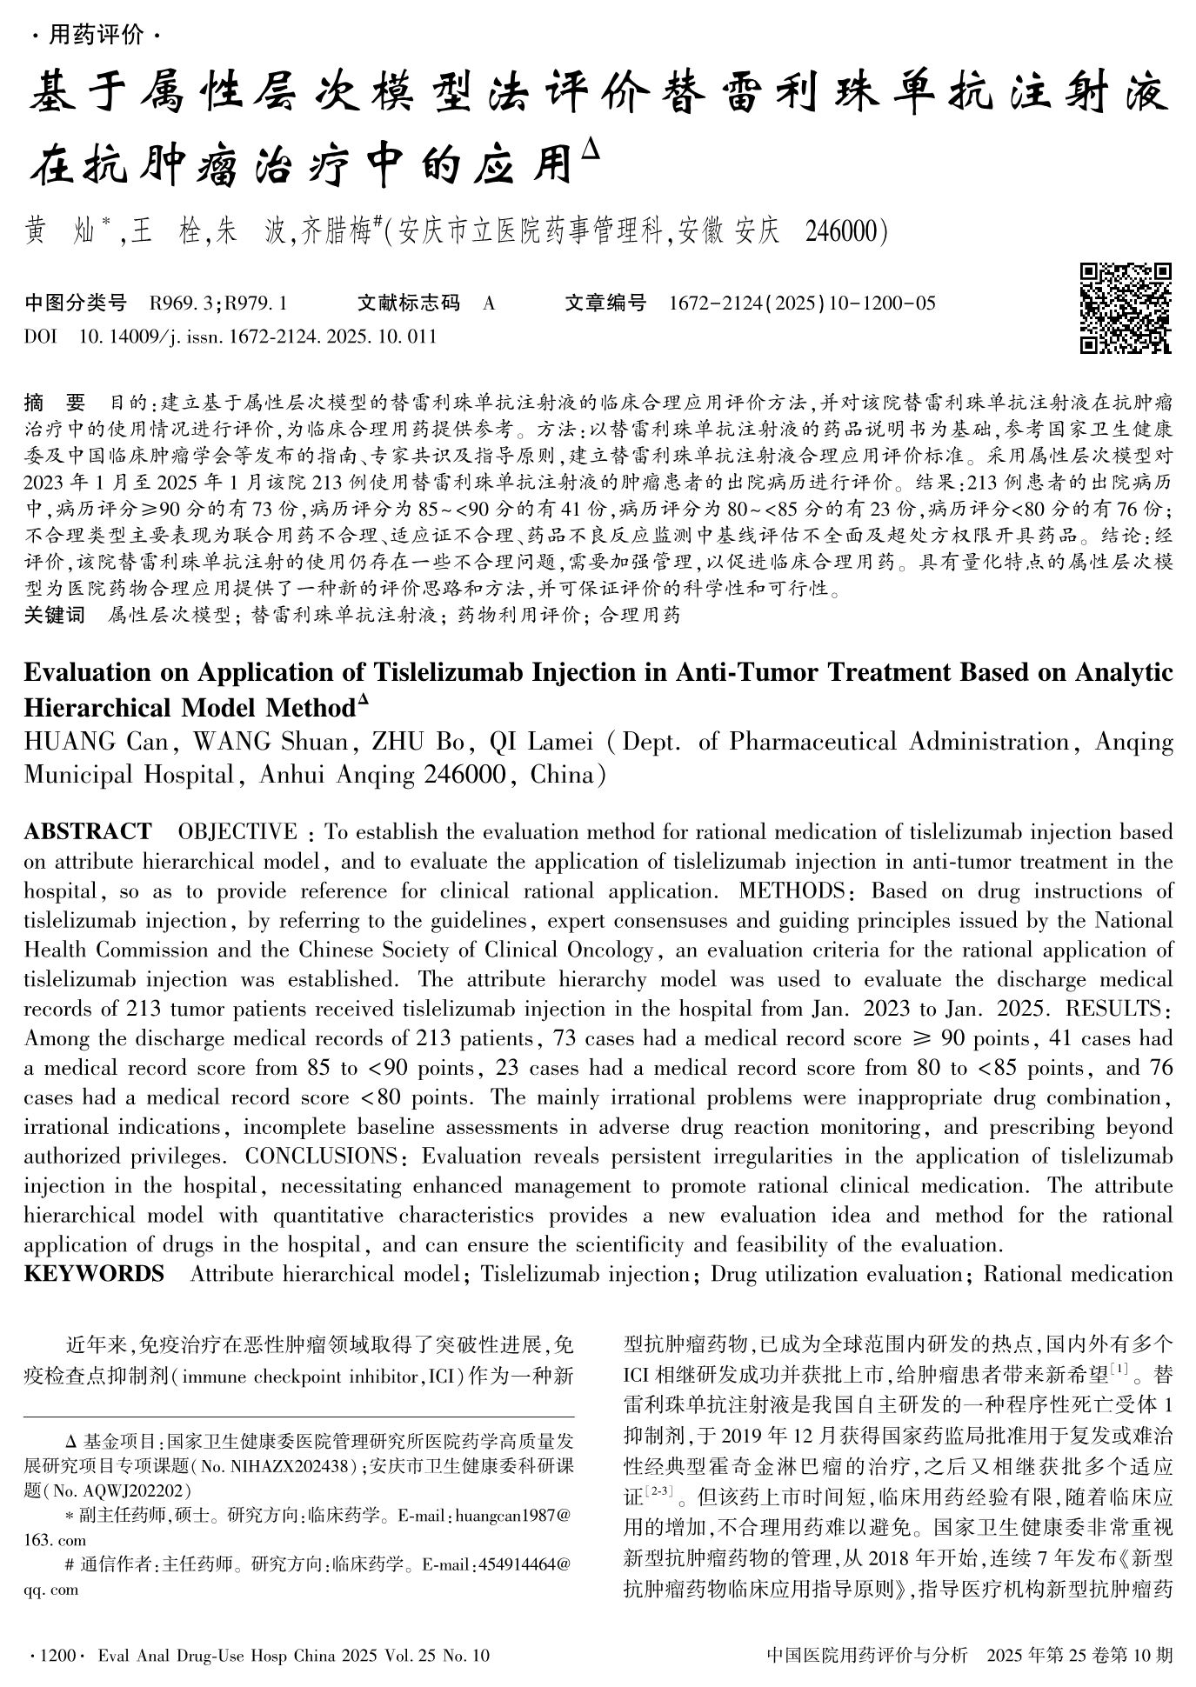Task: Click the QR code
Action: pos(1126,309)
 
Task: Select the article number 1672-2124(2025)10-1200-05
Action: pos(803,303)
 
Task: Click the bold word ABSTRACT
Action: pos(87,832)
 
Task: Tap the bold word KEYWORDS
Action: pos(94,1274)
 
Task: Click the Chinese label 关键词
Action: pos(54,616)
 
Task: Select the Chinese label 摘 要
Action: pos(54,403)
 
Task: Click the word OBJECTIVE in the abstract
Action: pos(237,832)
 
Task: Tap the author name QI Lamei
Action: pos(541,742)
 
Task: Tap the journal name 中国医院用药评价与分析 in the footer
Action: pos(866,1655)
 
